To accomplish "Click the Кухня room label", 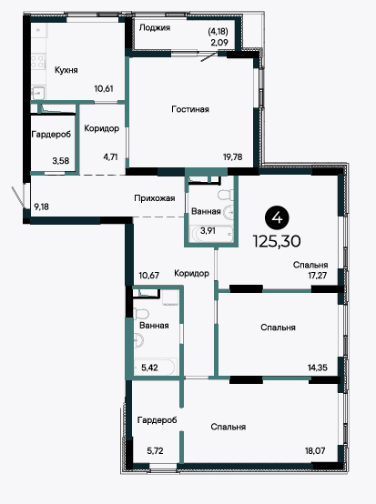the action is (x=66, y=70).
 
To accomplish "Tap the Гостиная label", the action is (x=190, y=109).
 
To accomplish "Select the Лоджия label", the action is (x=155, y=28).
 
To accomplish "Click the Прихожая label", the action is (x=155, y=198).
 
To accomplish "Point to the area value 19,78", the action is (x=233, y=157).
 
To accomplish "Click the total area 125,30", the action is (x=277, y=241).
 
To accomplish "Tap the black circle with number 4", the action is (x=277, y=218).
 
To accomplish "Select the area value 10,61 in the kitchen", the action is (x=104, y=89).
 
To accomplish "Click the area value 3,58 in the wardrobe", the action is (x=61, y=160).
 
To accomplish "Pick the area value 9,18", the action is (x=42, y=207).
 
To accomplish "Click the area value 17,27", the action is (x=318, y=276).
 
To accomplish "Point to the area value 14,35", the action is (x=318, y=368).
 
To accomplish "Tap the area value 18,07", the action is (x=315, y=450).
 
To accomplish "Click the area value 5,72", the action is (x=155, y=451).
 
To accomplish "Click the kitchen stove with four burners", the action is (x=38, y=62).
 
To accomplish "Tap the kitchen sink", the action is (x=38, y=93).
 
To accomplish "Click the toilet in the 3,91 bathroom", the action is (x=226, y=195).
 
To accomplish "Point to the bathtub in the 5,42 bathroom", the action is (x=155, y=367).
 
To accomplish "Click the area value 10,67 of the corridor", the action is (x=149, y=276).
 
